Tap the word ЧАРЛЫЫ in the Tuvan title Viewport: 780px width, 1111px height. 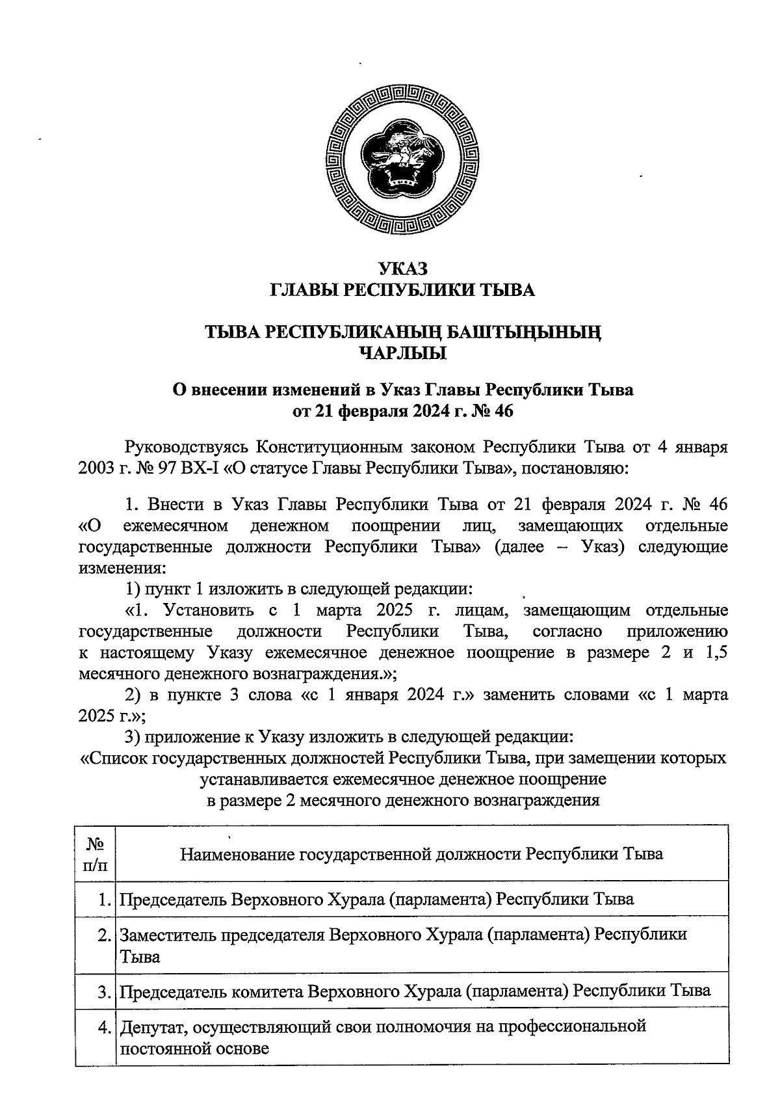coord(403,354)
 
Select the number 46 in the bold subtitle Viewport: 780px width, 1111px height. coord(503,411)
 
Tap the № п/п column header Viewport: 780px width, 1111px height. coord(95,853)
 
